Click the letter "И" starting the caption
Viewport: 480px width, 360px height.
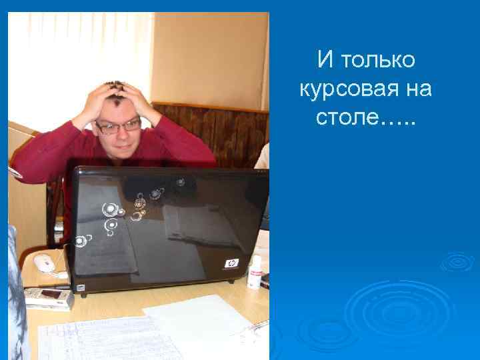[x=325, y=60]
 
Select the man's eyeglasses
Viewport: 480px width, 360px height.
[x=118, y=125]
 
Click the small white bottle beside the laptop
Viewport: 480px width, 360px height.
[x=254, y=272]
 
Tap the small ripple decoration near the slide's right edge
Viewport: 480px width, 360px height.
[x=457, y=261]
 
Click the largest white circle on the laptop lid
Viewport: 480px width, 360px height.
[x=111, y=209]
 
